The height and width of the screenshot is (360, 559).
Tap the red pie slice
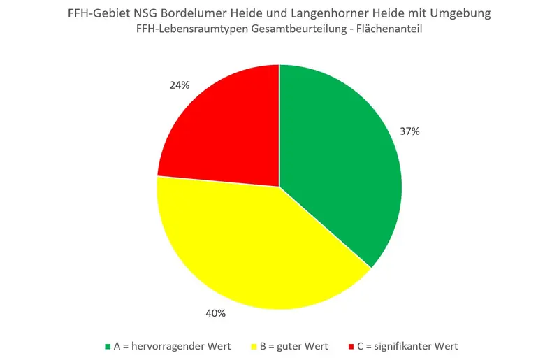(x=224, y=126)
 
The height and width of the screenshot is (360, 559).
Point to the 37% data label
(x=409, y=131)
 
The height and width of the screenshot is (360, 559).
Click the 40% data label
(x=216, y=313)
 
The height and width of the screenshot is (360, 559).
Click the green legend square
(x=107, y=346)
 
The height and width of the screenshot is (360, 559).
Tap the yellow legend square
(x=253, y=346)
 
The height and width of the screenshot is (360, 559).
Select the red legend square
(x=350, y=346)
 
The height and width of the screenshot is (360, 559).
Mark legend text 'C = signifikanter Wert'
(x=407, y=346)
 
